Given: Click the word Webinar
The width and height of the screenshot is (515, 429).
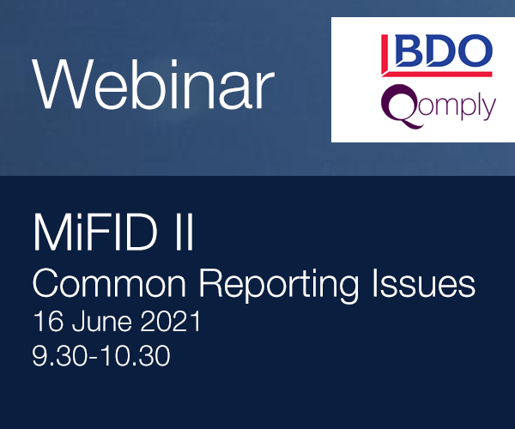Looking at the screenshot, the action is point(153,84).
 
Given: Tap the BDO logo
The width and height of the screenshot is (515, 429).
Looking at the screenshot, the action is point(437,55).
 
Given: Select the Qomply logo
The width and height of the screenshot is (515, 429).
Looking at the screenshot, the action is point(439,106).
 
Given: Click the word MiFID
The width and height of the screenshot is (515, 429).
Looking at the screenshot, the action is point(95,232).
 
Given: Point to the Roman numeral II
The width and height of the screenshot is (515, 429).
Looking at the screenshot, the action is point(185,232).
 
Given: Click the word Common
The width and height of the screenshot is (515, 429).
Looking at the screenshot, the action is point(109,283).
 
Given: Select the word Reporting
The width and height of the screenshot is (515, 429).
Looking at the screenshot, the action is point(279,286).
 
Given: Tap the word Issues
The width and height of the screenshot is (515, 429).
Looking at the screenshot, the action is point(424,283).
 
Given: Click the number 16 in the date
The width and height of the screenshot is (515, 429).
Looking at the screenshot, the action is point(48,321).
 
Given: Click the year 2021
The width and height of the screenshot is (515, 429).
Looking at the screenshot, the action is point(171,321).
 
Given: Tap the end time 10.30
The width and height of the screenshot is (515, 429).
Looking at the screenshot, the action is point(136,355).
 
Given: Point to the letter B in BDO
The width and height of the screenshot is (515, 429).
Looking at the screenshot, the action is point(409,51).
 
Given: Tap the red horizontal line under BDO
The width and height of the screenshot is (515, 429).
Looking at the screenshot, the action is point(437,74).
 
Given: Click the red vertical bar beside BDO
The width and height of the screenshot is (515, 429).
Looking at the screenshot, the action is point(385,55).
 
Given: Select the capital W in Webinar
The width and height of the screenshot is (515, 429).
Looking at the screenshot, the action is point(61,84).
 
